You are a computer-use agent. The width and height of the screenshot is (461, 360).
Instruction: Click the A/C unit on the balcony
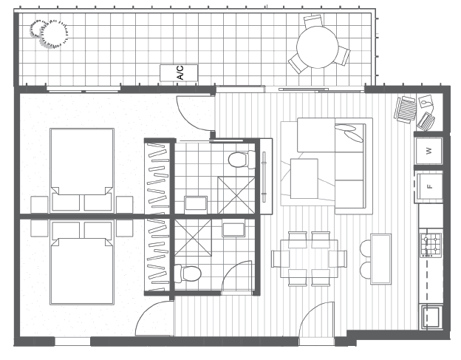click(x=179, y=73)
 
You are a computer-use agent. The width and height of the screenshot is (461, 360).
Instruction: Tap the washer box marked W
click(x=429, y=151)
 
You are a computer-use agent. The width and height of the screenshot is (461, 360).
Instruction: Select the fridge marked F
click(x=429, y=187)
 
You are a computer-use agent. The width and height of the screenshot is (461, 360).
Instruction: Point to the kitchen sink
click(x=431, y=316)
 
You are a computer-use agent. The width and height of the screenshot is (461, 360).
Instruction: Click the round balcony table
click(x=318, y=47)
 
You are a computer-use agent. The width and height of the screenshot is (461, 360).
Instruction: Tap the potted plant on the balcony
click(x=49, y=33)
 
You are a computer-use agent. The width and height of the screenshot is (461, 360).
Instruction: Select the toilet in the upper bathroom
click(x=242, y=160)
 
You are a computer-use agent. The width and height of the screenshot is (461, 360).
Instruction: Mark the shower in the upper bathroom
click(x=236, y=195)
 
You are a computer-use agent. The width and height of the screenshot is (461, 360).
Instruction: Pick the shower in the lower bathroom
click(x=193, y=237)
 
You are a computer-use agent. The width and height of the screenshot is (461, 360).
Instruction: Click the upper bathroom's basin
click(x=196, y=203)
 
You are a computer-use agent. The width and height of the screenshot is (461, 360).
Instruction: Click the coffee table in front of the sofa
click(x=304, y=179)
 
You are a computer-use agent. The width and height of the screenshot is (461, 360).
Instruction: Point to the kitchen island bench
click(x=380, y=259)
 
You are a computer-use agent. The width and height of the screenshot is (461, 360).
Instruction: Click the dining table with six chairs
click(x=309, y=259)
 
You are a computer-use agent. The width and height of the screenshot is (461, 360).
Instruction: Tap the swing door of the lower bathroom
click(x=236, y=277)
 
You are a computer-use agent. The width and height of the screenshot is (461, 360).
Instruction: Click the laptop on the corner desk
click(x=426, y=121)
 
